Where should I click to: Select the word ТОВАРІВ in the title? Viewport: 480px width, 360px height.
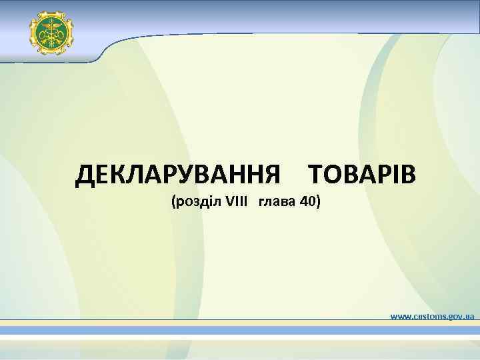(x=362, y=175)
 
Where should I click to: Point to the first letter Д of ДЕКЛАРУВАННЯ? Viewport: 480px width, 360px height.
(x=85, y=175)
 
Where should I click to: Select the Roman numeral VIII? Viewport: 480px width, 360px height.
(x=237, y=201)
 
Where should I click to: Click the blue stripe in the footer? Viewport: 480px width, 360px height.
(x=240, y=331)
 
